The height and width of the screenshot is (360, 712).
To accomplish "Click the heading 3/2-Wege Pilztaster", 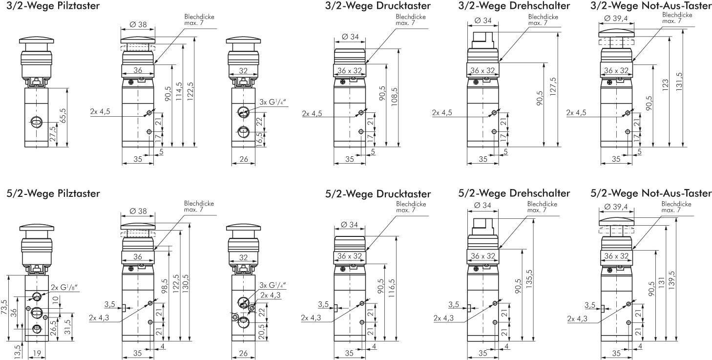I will (x=54, y=6).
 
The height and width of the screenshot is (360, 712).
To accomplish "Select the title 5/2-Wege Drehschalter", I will (x=514, y=193).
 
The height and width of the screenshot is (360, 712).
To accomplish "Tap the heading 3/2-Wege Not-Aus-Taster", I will (x=650, y=6).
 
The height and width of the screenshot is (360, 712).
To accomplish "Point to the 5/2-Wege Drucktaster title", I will (x=378, y=194).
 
